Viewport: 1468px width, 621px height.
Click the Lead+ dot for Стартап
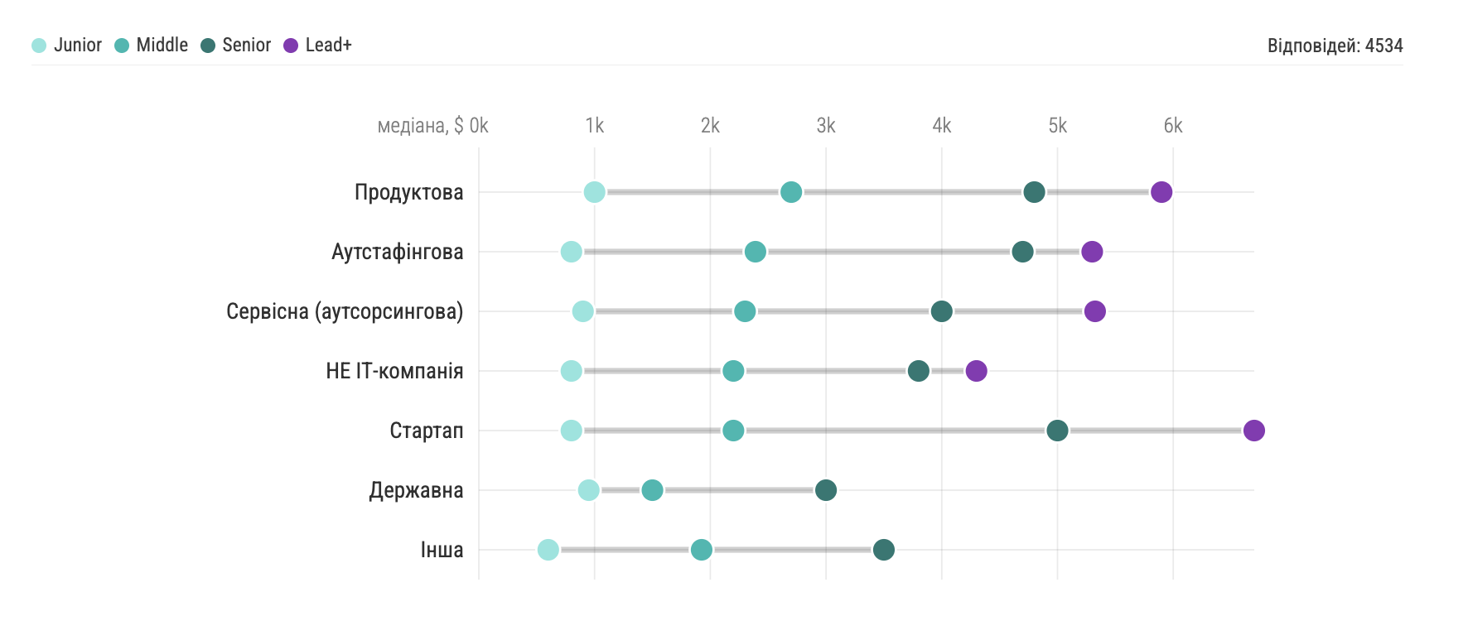[1253, 431]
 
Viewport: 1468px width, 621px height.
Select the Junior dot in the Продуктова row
[594, 192]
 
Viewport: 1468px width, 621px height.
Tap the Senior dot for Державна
[825, 490]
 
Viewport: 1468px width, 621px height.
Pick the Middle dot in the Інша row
[701, 550]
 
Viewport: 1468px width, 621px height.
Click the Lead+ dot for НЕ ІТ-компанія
[976, 371]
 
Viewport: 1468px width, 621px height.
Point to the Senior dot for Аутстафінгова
[1022, 252]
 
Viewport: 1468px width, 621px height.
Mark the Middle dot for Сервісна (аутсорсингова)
[745, 311]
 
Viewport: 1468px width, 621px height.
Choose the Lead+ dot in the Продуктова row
[1161, 192]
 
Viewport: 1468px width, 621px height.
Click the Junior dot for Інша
[548, 550]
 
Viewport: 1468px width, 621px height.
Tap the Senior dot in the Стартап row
[1057, 431]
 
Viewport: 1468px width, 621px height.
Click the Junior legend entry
[67, 46]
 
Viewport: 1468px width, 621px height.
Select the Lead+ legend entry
[318, 46]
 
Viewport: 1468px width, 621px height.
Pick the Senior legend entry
[236, 46]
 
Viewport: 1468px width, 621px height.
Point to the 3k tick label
[826, 126]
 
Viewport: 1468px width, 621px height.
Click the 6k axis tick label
[1173, 126]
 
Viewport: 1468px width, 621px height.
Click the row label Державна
[416, 490]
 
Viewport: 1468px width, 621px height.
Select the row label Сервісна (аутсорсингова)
[345, 311]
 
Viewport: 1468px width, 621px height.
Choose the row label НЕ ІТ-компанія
[394, 371]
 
